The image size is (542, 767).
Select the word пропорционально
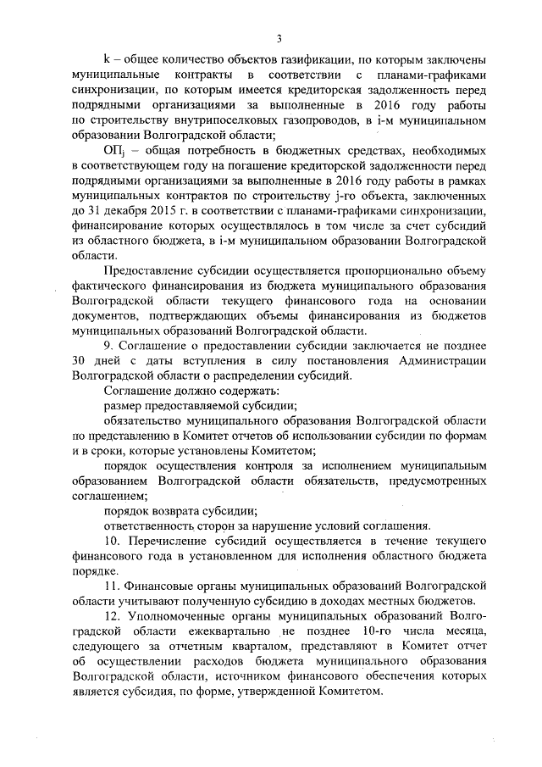368,271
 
